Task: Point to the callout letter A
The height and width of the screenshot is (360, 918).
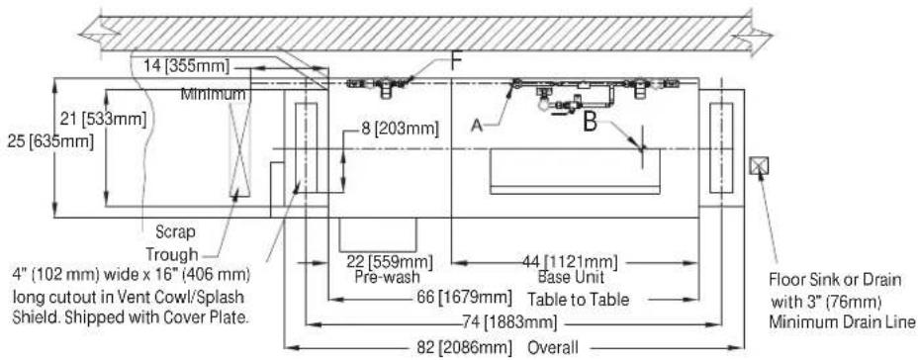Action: [x=478, y=126]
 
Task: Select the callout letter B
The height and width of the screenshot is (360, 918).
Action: [x=592, y=122]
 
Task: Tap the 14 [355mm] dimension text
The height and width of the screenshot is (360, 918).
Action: [x=187, y=66]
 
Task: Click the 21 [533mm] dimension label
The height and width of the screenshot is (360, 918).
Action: [x=103, y=120]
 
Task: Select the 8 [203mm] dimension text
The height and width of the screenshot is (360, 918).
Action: [x=400, y=129]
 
